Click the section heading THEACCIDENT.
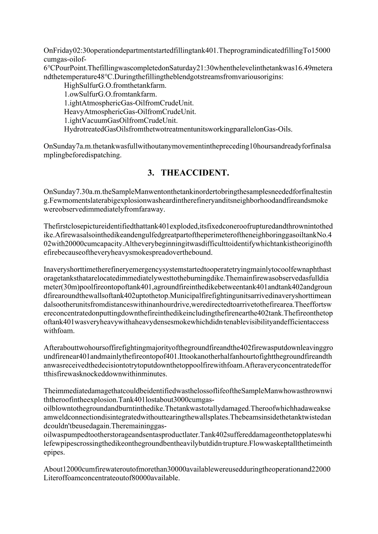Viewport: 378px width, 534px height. pos(195,173)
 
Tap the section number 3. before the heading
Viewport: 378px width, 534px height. pos(151,173)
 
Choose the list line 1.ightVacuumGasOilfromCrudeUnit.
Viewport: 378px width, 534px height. pos(121,120)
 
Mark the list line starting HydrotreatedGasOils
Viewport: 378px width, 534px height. pos(178,129)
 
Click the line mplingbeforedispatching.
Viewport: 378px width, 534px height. pos(82,155)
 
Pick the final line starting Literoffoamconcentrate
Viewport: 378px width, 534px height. pos(112,478)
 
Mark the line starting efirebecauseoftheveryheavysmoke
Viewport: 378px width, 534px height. pos(128,252)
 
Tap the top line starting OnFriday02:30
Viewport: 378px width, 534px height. pos(187,51)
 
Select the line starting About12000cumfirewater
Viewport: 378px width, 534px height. pos(187,470)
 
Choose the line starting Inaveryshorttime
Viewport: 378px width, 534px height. pos(187,270)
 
